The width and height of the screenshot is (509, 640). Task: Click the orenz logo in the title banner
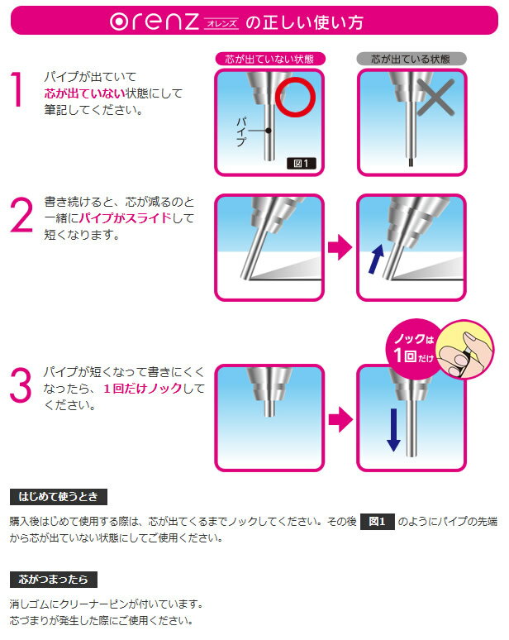point(155,21)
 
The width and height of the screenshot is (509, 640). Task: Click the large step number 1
point(17,89)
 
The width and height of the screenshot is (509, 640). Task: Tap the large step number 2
point(21,215)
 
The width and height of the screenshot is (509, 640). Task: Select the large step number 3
point(21,384)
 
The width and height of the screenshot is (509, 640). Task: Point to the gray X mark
point(435,98)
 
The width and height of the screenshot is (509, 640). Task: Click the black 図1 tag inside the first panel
point(301,164)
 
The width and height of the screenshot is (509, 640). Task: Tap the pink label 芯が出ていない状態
point(270,60)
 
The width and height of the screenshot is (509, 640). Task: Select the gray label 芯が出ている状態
point(411,60)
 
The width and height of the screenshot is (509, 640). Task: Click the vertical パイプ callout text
point(241,131)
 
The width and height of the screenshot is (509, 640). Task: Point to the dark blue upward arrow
point(377,259)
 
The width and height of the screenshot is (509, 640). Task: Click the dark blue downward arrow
point(393,430)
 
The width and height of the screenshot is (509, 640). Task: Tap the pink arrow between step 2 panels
point(340,247)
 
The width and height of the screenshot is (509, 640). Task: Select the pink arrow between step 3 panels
point(340,419)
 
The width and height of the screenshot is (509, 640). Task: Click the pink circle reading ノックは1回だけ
point(413,349)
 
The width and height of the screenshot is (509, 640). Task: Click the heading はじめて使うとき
point(59,497)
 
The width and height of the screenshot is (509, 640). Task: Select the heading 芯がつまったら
point(54,580)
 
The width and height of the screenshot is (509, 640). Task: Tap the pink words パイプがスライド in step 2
point(126,218)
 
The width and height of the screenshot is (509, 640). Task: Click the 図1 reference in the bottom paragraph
point(378,522)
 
